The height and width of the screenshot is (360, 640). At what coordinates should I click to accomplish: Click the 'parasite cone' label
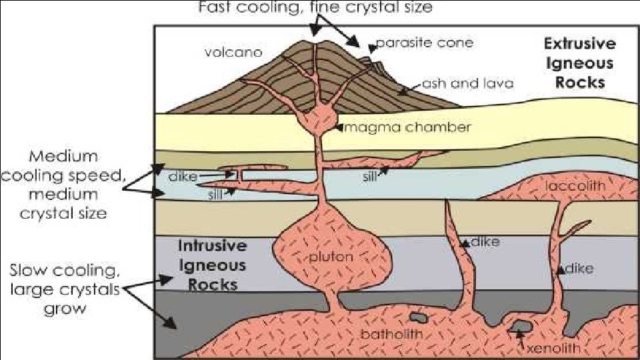pyautogui.click(x=424, y=43)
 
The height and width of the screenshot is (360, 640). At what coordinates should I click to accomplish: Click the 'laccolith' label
pyautogui.click(x=575, y=186)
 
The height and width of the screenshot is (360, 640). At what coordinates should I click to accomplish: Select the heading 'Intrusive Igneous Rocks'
pyautogui.click(x=212, y=265)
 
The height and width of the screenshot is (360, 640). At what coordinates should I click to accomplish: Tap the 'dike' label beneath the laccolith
pyautogui.click(x=580, y=269)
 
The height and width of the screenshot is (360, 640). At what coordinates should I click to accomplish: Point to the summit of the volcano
pyautogui.click(x=315, y=41)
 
